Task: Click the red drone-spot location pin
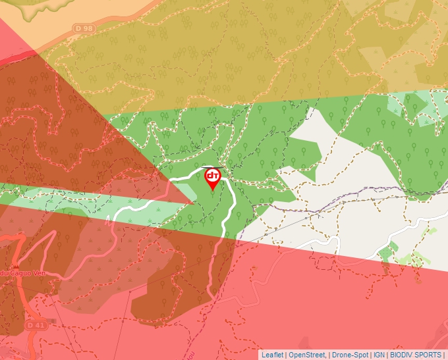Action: pos(213,178)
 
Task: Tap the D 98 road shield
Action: pos(84,28)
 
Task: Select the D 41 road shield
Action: pos(36,325)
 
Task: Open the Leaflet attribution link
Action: pos(272,355)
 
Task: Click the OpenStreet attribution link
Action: pos(306,355)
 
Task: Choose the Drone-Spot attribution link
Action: pos(350,355)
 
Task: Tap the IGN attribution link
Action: pos(379,355)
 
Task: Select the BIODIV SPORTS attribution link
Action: pos(415,355)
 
